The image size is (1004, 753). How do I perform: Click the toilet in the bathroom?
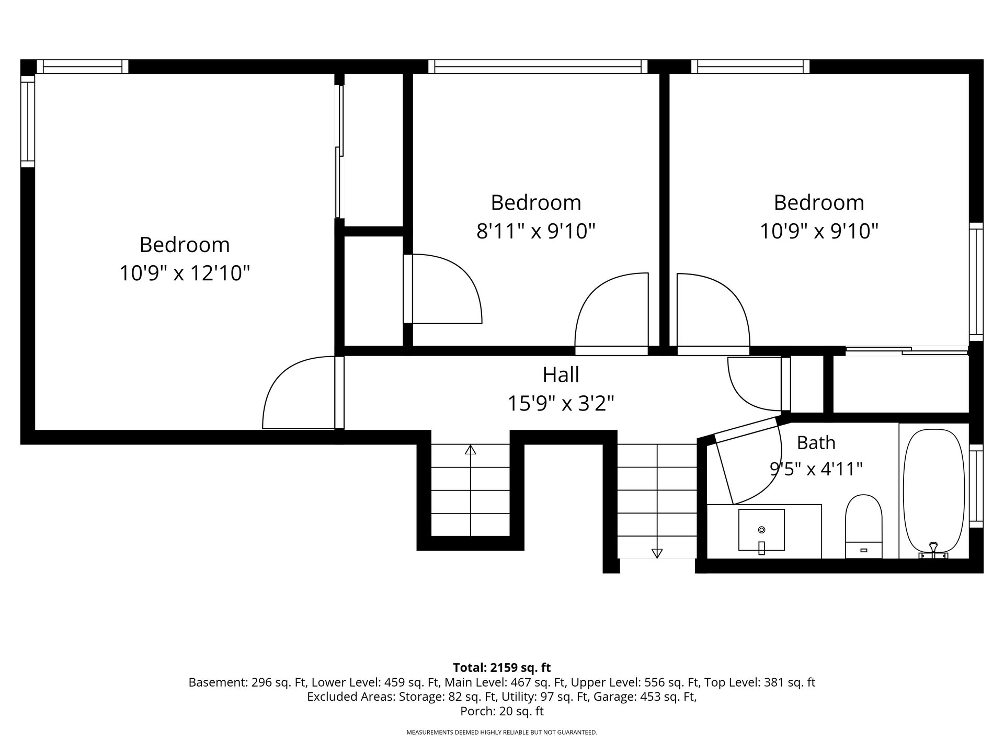(863, 526)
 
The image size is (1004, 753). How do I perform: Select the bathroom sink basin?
(761, 530)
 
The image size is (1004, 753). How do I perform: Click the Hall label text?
(561, 374)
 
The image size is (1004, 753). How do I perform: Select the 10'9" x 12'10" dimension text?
(185, 273)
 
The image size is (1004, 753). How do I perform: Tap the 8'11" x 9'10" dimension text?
(536, 231)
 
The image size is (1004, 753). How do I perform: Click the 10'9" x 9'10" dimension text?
(819, 231)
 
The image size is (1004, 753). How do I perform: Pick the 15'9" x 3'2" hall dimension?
(561, 403)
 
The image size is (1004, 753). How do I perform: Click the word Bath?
(816, 442)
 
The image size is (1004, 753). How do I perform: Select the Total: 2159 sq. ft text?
(502, 667)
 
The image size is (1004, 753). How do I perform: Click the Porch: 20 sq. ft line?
(502, 711)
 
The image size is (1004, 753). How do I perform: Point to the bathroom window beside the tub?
(976, 486)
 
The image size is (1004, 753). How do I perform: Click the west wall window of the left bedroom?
(28, 121)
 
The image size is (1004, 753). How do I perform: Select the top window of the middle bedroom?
(538, 66)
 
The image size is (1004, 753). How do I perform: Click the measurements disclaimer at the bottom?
(502, 733)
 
